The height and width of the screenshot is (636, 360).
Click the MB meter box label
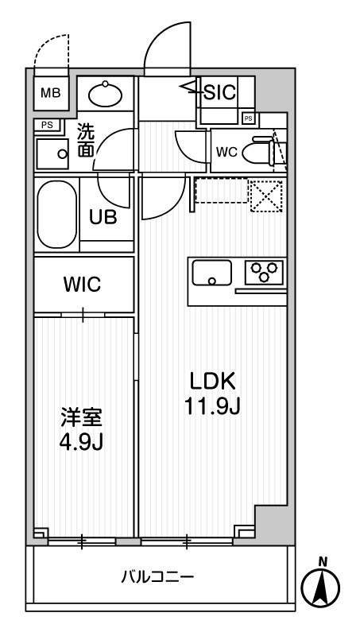pos(50,93)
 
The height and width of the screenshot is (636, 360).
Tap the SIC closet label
pos(219,92)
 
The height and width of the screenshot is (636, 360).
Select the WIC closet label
pos(83,285)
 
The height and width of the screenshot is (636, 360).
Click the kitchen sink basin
pos(211,273)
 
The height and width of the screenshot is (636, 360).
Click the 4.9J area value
pos(81,442)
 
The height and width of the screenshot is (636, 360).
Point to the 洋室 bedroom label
pos(81,417)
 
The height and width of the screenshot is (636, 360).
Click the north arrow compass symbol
pos(322,588)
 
